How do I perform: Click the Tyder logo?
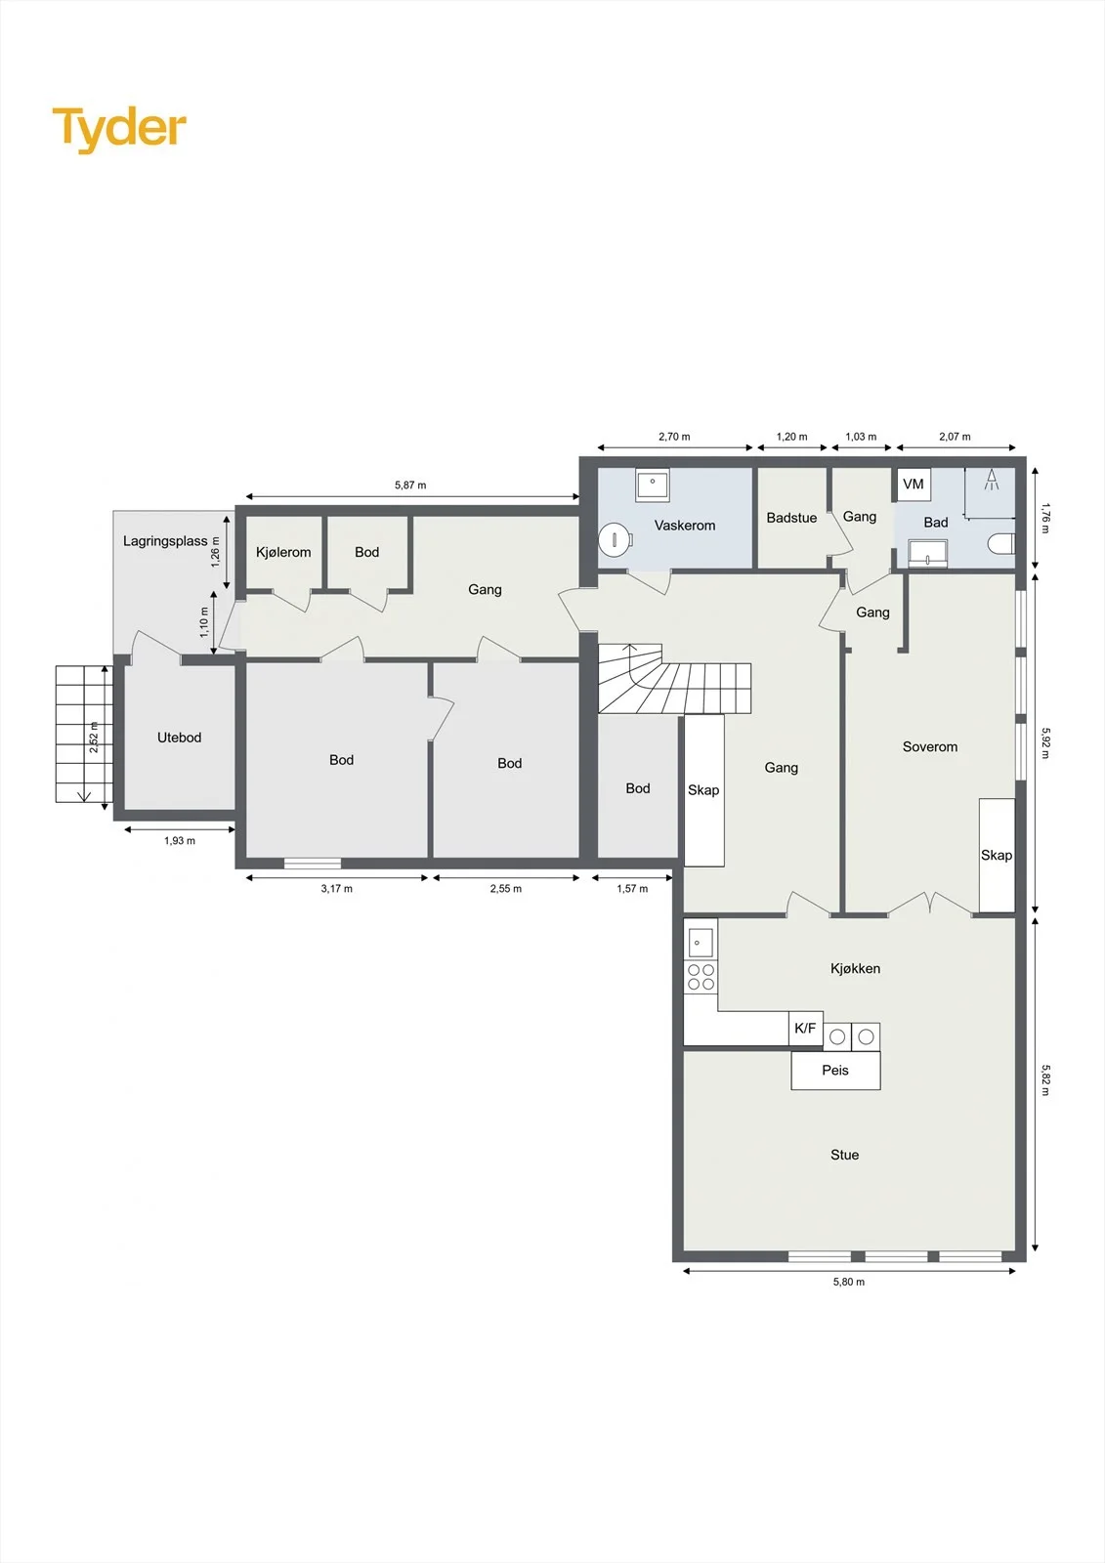pos(119,130)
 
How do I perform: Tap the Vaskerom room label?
pos(685,526)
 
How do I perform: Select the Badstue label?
pos(791,518)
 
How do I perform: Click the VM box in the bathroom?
pos(914,484)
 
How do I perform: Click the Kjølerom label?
pos(283,553)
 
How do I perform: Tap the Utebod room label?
pos(180,738)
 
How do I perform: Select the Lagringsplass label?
pos(165,541)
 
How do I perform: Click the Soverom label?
pos(930,746)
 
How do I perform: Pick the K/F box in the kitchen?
pos(805,1028)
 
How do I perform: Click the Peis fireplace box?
pos(835,1070)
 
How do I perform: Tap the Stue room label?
pos(845,1155)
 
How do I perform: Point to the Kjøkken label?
pos(855,968)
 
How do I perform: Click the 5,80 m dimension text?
pos(849,1282)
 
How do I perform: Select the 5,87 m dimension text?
pos(410,485)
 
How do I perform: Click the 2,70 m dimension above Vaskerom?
pos(674,437)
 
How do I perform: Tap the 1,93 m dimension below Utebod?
pos(180,841)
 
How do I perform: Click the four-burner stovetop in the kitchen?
pos(701,977)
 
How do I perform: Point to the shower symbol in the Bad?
pos(991,479)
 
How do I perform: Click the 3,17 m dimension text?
pos(336,889)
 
